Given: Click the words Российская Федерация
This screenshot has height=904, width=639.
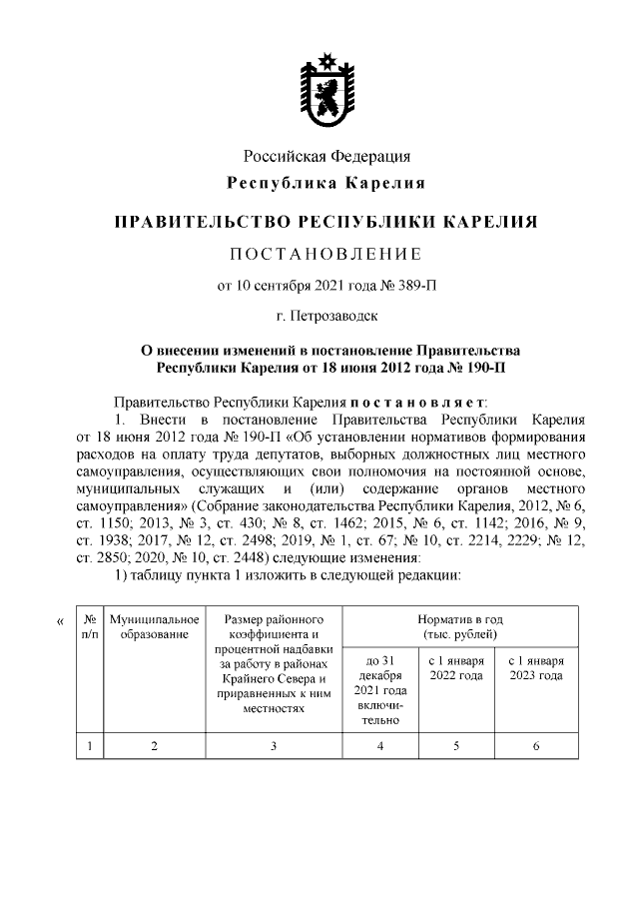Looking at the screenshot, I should pos(327,157).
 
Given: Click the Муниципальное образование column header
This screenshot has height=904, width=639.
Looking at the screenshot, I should pos(155,629).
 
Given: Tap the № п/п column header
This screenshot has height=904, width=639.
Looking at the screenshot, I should pos(90,629).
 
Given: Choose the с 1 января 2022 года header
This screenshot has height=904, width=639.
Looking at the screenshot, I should pos(457,669).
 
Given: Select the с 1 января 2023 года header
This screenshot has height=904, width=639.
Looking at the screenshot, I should pos(536,669).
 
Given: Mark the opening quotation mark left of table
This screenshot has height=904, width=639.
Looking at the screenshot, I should pos(61,623).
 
